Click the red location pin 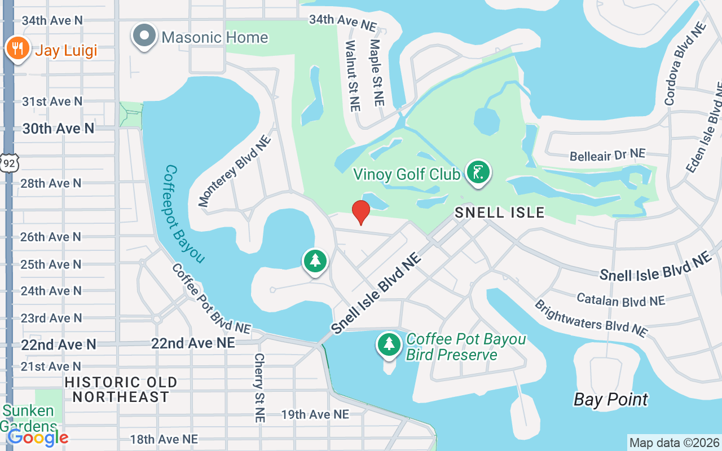[361, 212]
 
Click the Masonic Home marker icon [145, 36]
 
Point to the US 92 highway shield [10, 162]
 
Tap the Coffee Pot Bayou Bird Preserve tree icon [389, 344]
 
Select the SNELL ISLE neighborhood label [500, 213]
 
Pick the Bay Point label [611, 400]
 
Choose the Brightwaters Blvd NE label [591, 318]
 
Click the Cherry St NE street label [259, 388]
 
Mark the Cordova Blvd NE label [685, 64]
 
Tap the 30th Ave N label [58, 129]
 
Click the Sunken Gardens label [28, 418]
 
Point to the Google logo [38, 437]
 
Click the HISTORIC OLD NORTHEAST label [121, 390]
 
